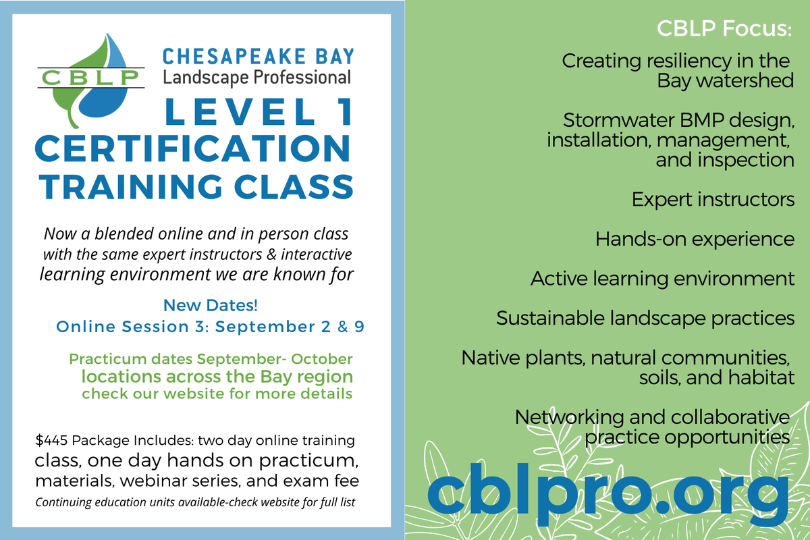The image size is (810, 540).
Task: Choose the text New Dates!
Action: pyautogui.click(x=211, y=305)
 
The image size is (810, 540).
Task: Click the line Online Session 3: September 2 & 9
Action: pyautogui.click(x=210, y=327)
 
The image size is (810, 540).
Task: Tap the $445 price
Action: pyautogui.click(x=51, y=441)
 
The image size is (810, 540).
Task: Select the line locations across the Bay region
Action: pyautogui.click(x=217, y=376)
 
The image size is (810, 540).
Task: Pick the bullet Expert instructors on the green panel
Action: pyautogui.click(x=713, y=200)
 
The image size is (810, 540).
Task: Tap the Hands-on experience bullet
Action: pyautogui.click(x=695, y=239)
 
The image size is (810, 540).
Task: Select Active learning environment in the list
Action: pyautogui.click(x=662, y=279)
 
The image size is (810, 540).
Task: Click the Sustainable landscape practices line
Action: pyautogui.click(x=645, y=318)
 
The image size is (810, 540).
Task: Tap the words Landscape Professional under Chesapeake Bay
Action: pyautogui.click(x=256, y=77)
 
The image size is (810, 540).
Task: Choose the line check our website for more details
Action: pyautogui.click(x=217, y=394)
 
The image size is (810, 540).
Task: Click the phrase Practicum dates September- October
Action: pyautogui.click(x=211, y=359)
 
